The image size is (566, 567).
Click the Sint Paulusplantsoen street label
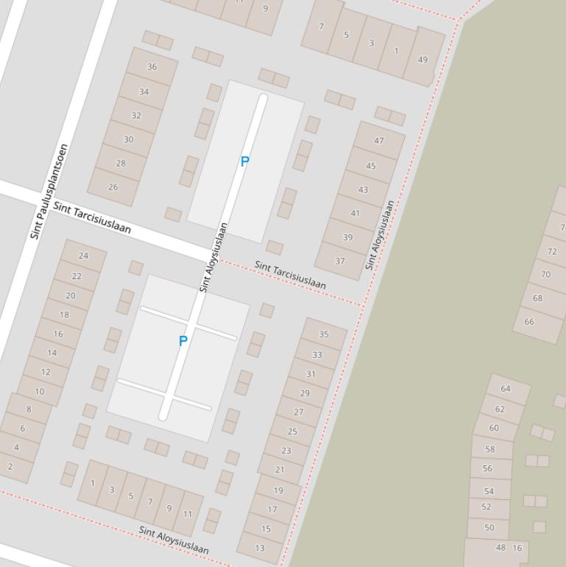pyautogui.click(x=49, y=191)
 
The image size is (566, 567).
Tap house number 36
pyautogui.click(x=152, y=66)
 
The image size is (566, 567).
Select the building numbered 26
pyautogui.click(x=113, y=187)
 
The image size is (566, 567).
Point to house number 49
pyautogui.click(x=422, y=60)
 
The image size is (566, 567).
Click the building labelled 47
pyautogui.click(x=379, y=141)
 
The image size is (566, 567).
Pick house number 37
pyautogui.click(x=340, y=261)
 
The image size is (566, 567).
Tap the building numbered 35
pyautogui.click(x=324, y=334)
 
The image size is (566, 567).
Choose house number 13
pyautogui.click(x=260, y=548)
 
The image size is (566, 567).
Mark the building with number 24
pyautogui.click(x=83, y=256)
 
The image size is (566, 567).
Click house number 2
pyautogui.click(x=10, y=466)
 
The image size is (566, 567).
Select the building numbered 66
pyautogui.click(x=529, y=322)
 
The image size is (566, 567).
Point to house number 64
pyautogui.click(x=506, y=388)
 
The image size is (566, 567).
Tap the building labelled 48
pyautogui.click(x=500, y=548)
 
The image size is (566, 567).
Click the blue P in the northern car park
pyautogui.click(x=245, y=161)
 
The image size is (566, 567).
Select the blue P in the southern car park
pyautogui.click(x=183, y=340)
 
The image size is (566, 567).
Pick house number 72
pyautogui.click(x=552, y=251)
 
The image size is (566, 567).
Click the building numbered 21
pyautogui.click(x=280, y=469)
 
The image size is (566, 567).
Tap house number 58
pyautogui.click(x=490, y=448)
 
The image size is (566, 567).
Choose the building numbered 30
pyautogui.click(x=129, y=139)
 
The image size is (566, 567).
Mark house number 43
pyautogui.click(x=363, y=189)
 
